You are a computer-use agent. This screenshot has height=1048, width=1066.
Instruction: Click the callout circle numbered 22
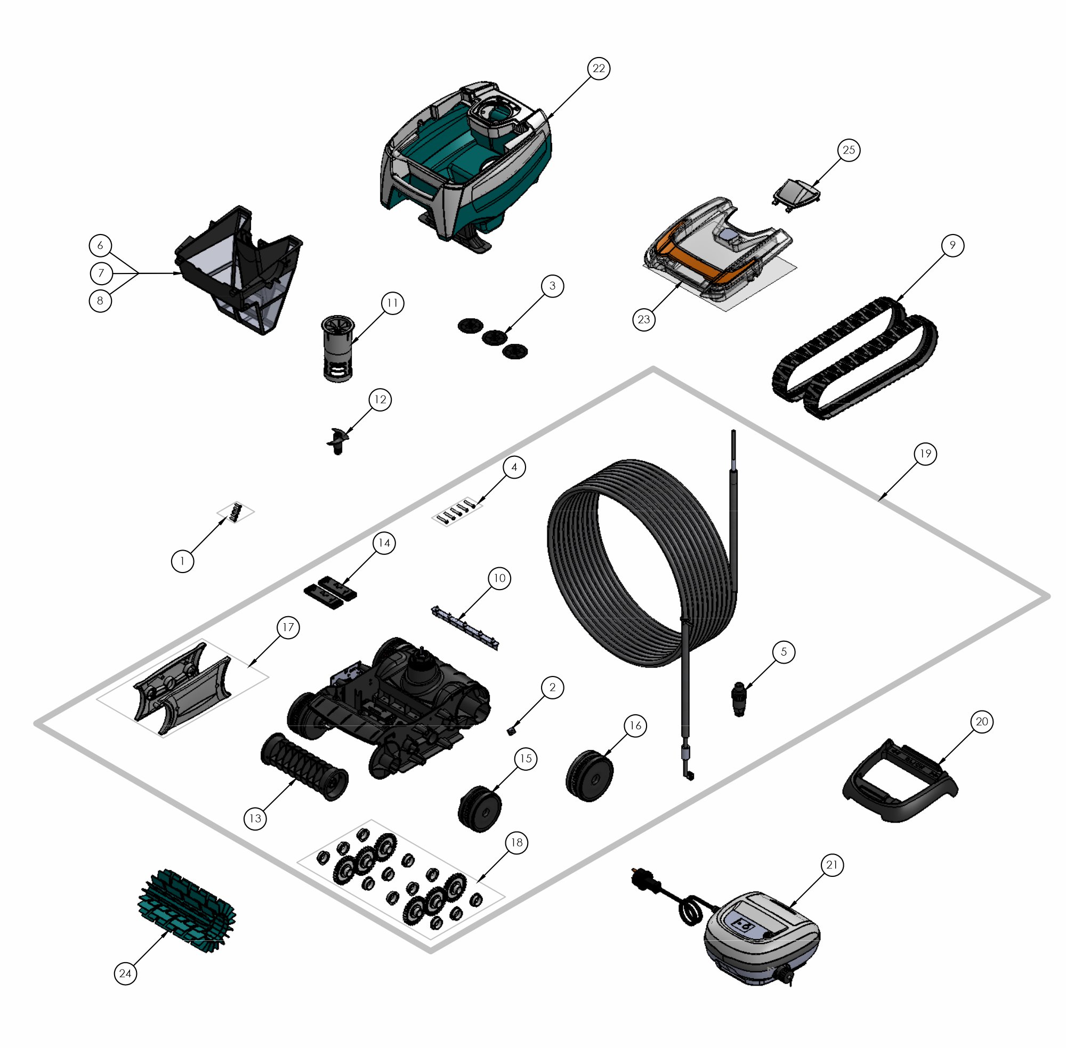tap(598, 68)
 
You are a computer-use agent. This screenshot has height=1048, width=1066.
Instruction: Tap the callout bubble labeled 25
tap(849, 150)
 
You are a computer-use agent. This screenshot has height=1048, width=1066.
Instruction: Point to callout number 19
tap(925, 454)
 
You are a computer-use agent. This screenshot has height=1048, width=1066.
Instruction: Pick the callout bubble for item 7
tap(101, 273)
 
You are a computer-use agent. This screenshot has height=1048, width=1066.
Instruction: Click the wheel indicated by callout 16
tap(589, 776)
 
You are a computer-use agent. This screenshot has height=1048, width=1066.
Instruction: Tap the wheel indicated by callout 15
tap(480, 808)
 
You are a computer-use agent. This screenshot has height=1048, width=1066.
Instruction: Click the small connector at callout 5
tap(739, 699)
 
